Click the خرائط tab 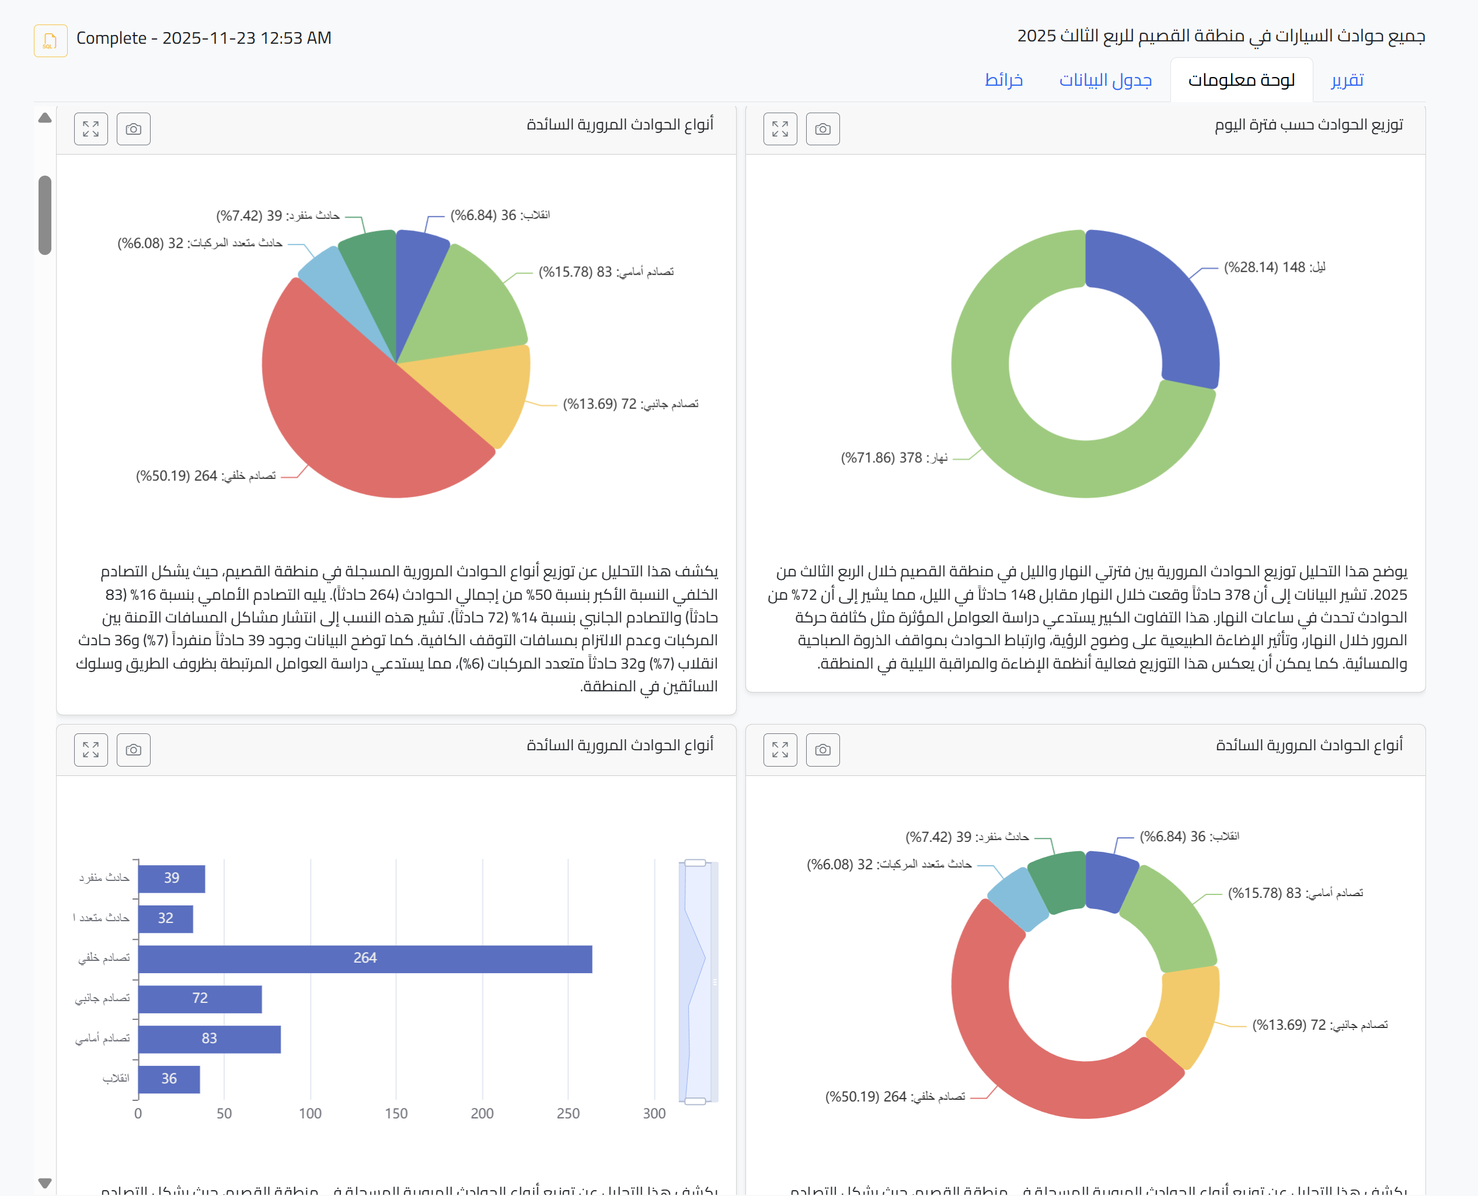coord(1003,80)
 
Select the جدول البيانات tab coord(1105,80)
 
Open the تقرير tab coord(1347,80)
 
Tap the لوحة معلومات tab coord(1241,80)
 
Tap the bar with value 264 coord(365,959)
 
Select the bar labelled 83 coord(209,1039)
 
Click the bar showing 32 coord(165,918)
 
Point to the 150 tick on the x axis coord(396,1113)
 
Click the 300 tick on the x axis coord(654,1113)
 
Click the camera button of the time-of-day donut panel coord(822,129)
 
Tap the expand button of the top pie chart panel coord(91,129)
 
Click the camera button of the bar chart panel coord(134,750)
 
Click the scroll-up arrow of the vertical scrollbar coord(45,118)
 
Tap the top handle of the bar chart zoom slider coord(695,862)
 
